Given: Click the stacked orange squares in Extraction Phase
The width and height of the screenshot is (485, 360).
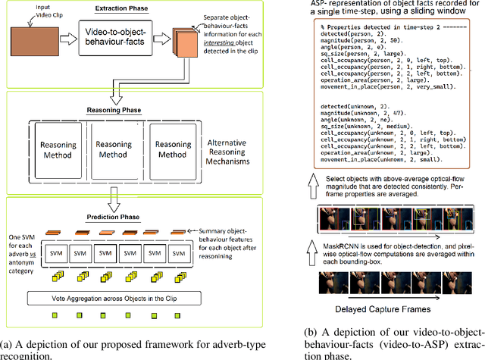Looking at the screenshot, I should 186,43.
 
